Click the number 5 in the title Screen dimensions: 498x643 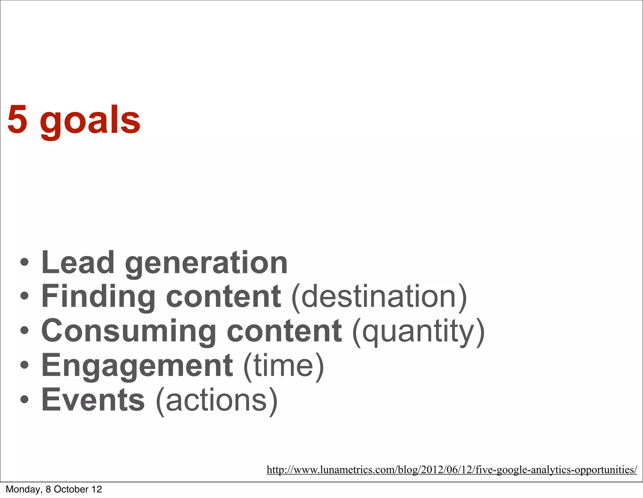pos(17,120)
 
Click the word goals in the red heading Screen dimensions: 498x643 pos(90,121)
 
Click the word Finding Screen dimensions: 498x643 pos(98,297)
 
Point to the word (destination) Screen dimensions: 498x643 pos(379,297)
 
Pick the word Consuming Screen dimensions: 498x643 pos(128,331)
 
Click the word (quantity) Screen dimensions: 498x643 pos(419,332)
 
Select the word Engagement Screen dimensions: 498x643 pos(137,366)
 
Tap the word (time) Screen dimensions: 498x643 pos(284,366)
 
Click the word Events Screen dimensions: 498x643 pos(93,400)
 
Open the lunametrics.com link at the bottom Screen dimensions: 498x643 pos(452,470)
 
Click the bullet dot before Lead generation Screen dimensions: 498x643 pos(24,262)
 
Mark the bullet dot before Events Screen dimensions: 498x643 pos(24,399)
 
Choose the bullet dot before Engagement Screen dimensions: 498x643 pos(24,365)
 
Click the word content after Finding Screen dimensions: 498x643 pos(223,297)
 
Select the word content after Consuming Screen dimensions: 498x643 pos(284,331)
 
